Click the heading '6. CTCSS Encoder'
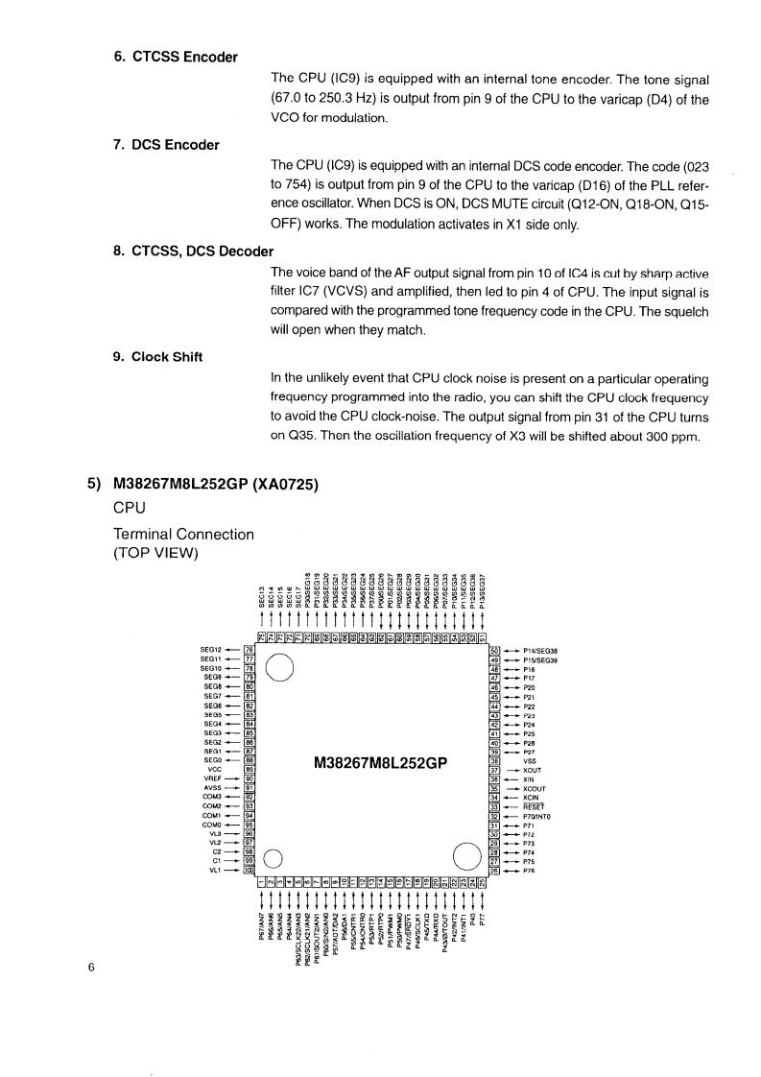click(x=176, y=57)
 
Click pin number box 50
click(x=495, y=650)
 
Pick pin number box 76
click(x=250, y=650)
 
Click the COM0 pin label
click(x=213, y=824)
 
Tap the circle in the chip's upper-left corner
click(x=279, y=666)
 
